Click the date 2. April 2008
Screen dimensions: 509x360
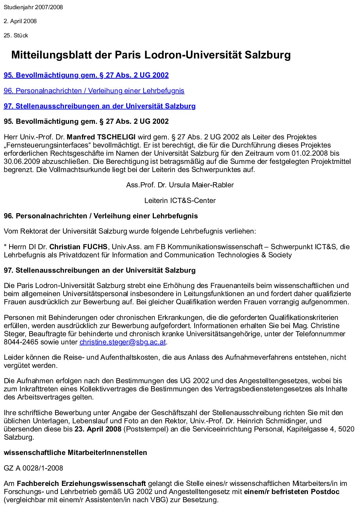20,21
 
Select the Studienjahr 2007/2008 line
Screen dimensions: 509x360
33,7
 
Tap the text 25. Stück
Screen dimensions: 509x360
16,35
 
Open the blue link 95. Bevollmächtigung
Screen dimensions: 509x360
86,75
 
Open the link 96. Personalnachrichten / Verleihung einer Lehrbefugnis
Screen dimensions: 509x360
94,91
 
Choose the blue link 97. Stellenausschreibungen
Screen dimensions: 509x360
100,106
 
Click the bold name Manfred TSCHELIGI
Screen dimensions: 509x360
101,137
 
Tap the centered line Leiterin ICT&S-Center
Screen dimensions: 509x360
180,201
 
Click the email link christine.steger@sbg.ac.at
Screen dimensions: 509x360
122,342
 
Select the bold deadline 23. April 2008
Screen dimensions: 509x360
98,429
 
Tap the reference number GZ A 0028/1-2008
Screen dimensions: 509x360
33,468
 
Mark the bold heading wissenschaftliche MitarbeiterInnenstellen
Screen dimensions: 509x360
76,453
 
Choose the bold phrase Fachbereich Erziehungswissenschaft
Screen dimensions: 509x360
81,483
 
